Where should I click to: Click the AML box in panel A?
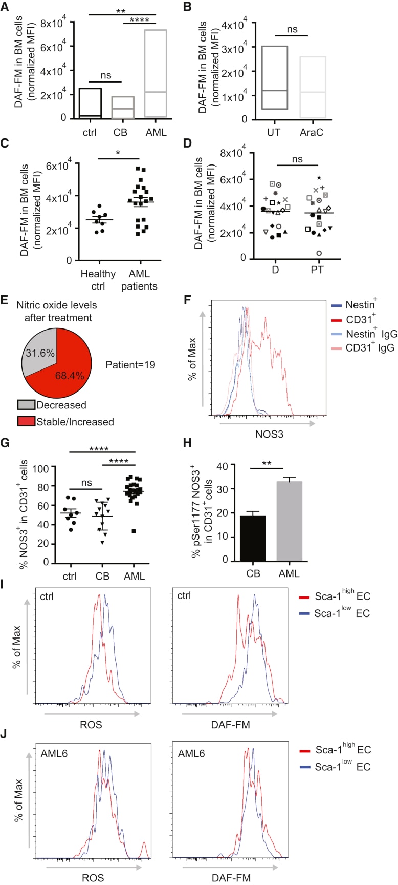[x=156, y=74]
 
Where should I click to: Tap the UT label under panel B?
[x=275, y=133]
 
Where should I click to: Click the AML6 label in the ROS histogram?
[x=55, y=754]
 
